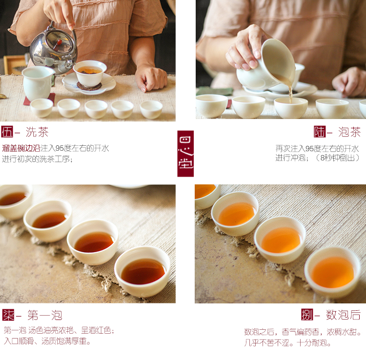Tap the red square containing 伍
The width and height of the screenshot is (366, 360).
7,132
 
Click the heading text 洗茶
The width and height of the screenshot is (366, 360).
37,132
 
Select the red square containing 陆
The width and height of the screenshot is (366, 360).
320,132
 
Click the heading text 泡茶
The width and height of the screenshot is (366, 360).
349,132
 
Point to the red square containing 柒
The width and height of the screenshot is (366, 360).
8,315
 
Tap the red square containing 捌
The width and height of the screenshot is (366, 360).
307,315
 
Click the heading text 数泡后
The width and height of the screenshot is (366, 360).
344,315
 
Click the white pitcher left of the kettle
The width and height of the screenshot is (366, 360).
38,82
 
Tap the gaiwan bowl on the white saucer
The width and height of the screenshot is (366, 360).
90,73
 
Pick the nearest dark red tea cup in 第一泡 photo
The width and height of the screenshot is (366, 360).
142,271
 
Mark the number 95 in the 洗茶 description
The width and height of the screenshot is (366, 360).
61,148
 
